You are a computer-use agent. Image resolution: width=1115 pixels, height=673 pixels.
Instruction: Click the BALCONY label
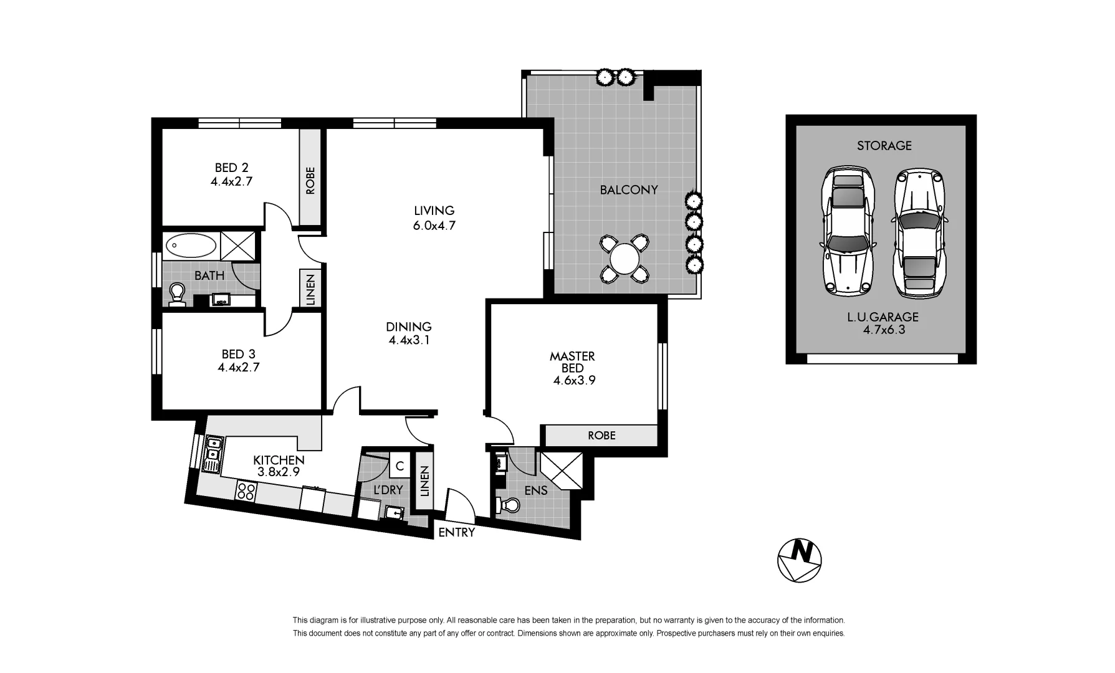628,190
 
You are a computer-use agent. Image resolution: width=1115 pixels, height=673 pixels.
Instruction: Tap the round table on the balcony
624,258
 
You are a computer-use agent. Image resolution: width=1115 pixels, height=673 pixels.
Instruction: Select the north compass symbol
800,560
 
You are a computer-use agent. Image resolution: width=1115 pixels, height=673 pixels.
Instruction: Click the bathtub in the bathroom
191,246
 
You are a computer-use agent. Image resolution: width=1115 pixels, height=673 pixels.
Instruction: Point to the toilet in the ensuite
509,505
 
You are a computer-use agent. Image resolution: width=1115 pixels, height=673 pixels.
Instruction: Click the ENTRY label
456,533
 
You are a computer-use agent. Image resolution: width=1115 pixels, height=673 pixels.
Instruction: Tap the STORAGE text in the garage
884,146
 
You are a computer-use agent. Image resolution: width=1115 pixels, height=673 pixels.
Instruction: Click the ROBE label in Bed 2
310,180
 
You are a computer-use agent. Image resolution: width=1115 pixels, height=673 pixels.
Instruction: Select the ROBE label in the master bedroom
601,436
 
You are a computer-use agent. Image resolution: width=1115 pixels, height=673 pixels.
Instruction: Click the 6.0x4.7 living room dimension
434,226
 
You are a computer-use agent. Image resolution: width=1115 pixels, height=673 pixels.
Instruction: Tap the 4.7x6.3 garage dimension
883,330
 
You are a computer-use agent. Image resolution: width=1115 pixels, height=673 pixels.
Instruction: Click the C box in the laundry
400,465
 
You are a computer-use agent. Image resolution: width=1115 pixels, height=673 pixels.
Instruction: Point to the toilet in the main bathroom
177,295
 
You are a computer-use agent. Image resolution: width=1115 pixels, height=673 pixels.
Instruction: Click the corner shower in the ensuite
561,471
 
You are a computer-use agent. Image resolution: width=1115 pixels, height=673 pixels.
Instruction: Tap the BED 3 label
238,355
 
